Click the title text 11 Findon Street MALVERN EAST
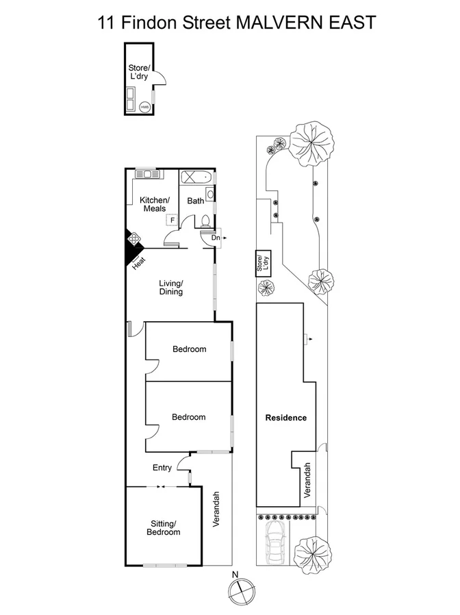point(237,22)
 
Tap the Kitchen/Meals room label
point(154,204)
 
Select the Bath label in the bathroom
point(196,201)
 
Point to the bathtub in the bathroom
point(196,178)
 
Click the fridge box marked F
point(172,221)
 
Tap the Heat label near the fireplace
point(140,261)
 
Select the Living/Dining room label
point(171,287)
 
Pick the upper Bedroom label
point(189,349)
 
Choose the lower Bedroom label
point(188,417)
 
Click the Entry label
point(162,468)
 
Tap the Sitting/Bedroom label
point(165,528)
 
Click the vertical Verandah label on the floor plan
point(216,509)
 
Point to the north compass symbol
point(240,590)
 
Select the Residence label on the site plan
point(286,418)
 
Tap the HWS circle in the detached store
point(144,108)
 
